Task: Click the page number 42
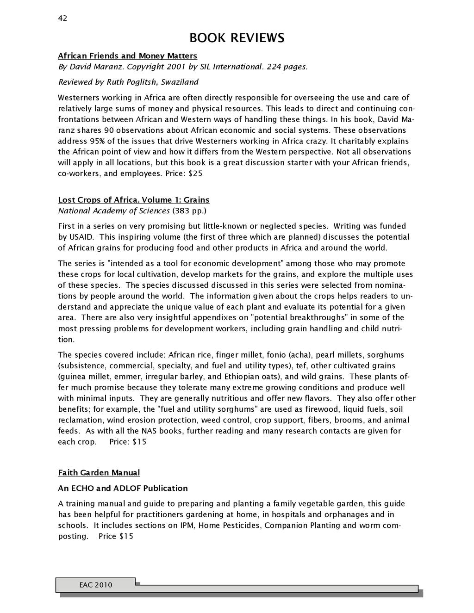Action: [x=62, y=18]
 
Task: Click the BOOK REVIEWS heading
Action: [x=237, y=38]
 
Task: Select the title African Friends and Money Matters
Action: [x=127, y=56]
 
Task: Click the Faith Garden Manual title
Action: [x=99, y=473]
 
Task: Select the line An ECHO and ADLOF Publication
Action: [x=123, y=488]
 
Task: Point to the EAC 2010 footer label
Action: [x=95, y=585]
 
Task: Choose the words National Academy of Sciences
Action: [x=113, y=211]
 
